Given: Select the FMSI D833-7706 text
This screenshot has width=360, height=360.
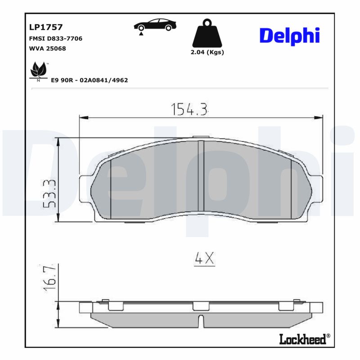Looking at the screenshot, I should pos(55,39).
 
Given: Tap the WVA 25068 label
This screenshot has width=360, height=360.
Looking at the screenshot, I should pos(47,49).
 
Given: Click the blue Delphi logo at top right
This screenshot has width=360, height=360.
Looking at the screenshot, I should pos(289,36).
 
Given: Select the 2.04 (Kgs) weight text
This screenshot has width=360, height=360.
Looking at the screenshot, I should pos(207,52).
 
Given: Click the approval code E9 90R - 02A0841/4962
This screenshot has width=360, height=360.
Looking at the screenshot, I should pos(90,80).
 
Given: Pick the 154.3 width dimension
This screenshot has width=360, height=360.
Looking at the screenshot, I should pos(189,109).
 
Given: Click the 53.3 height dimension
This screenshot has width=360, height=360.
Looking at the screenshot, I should pos(50,193).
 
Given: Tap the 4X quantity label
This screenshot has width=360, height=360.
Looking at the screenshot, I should pos(204,258).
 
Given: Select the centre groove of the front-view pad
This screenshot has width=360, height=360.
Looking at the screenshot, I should pos(201,175).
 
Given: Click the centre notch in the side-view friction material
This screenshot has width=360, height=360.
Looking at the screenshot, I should pos(201,321).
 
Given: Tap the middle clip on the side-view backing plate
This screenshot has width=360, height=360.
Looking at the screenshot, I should pos(201,306).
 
